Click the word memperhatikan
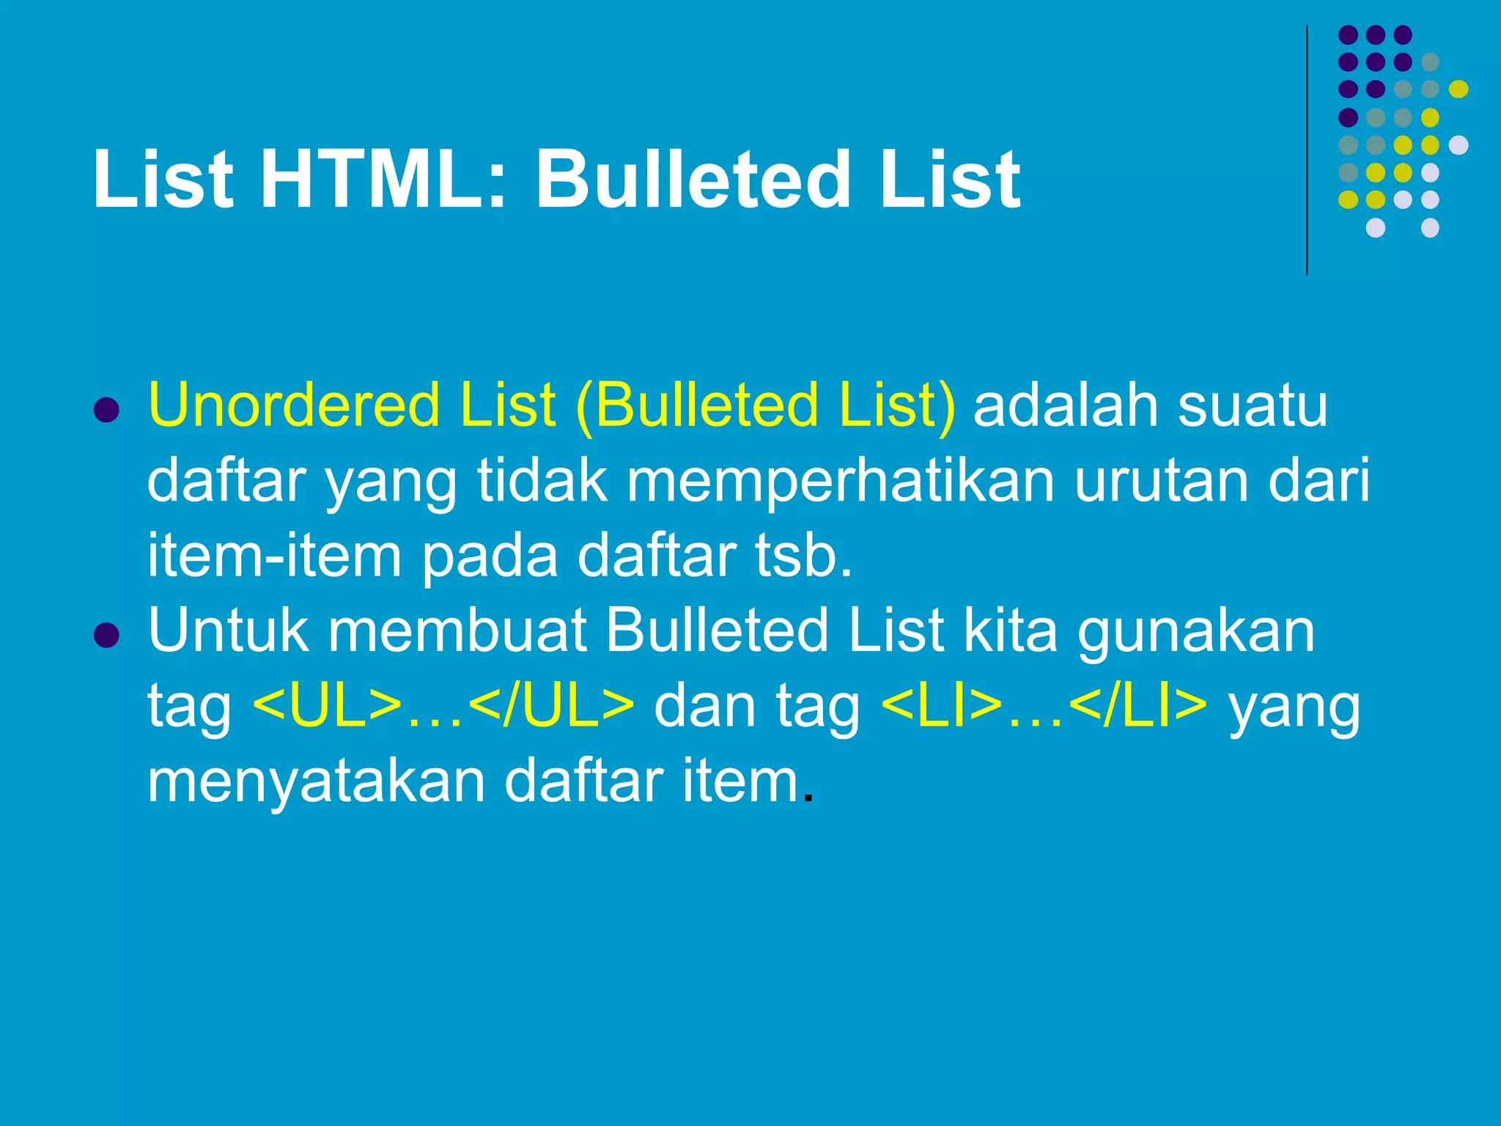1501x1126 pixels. [840, 481]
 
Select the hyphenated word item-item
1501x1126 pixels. [275, 556]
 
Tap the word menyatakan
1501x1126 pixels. [317, 783]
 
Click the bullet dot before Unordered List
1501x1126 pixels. [107, 410]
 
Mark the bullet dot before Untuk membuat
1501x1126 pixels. [107, 635]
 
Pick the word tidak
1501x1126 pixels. [542, 481]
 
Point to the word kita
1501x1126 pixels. [1011, 630]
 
